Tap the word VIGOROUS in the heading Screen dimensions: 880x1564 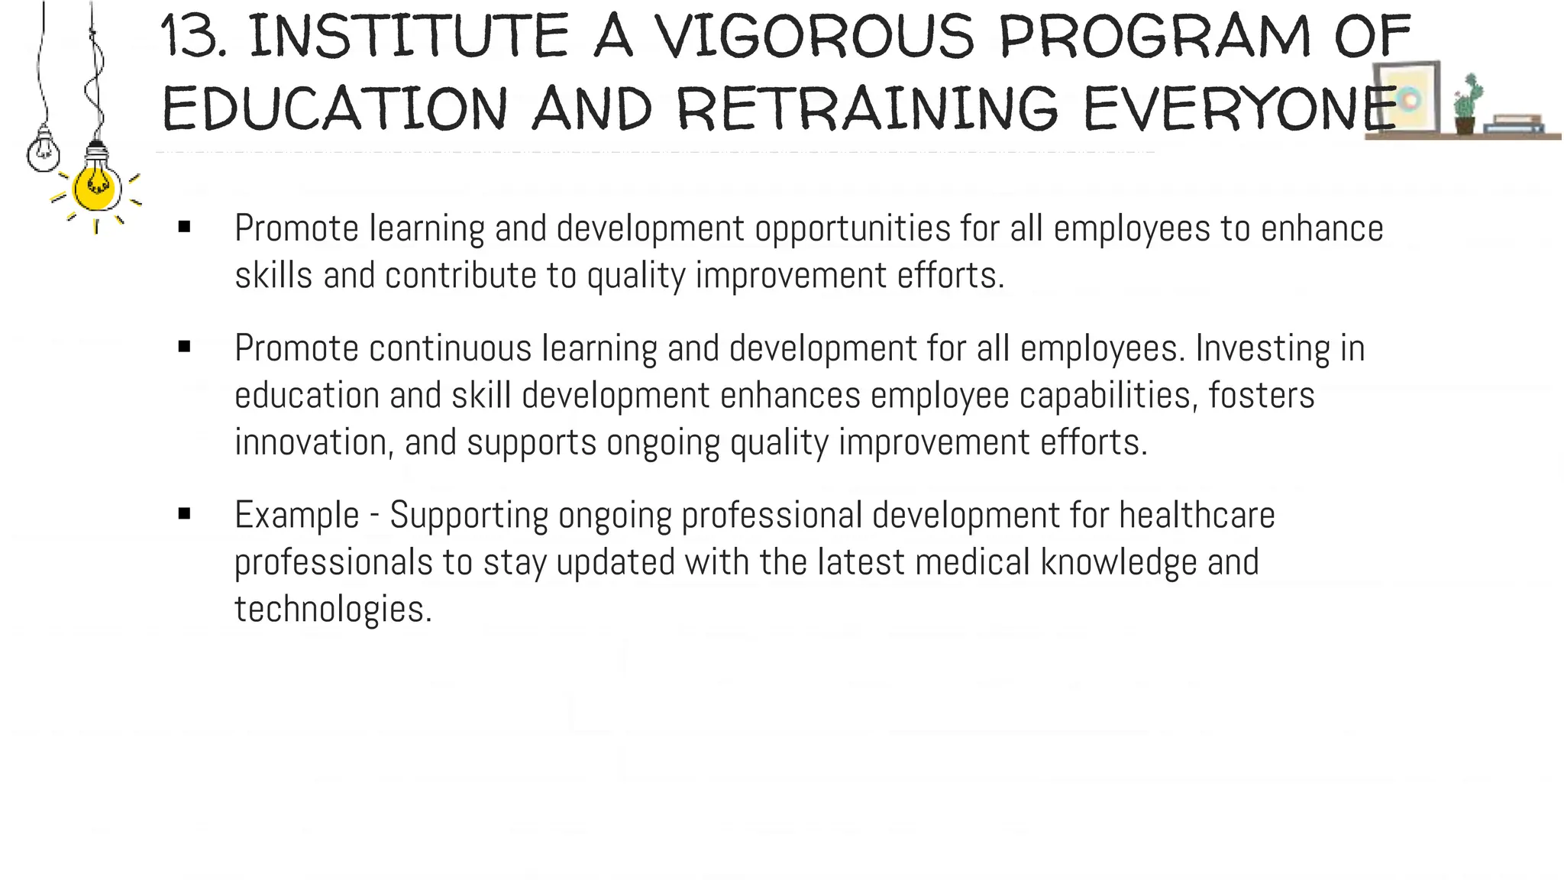[x=814, y=37]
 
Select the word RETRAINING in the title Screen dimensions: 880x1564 [x=868, y=108]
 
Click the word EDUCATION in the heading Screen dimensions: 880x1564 [x=334, y=108]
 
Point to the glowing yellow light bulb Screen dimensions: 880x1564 [x=95, y=189]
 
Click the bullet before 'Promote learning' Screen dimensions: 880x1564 [x=184, y=227]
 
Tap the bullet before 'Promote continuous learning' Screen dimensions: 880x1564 [x=184, y=347]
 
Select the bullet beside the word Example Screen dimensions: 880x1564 [x=184, y=513]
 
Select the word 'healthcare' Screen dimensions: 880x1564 [x=1197, y=515]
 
